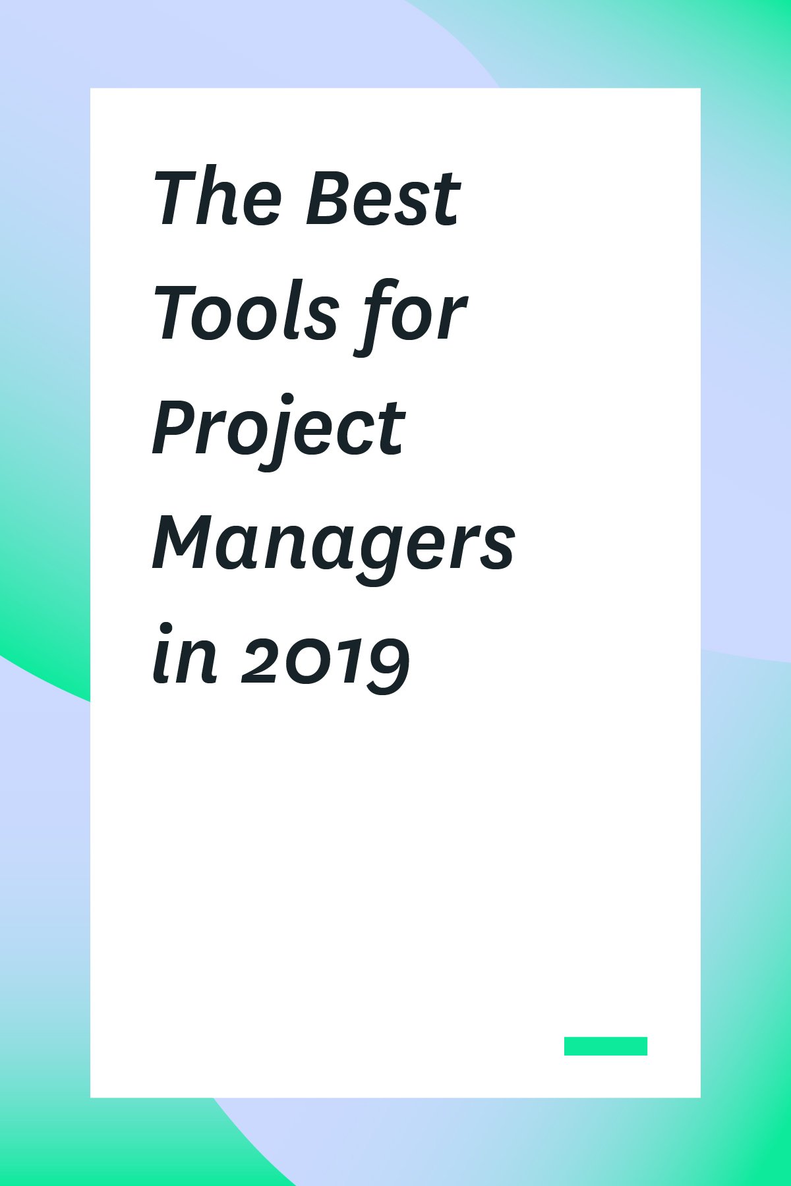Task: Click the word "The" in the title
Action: coord(218,197)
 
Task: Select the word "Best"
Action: coord(382,197)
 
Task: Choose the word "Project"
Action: coord(278,432)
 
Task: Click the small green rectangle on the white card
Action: coord(605,1046)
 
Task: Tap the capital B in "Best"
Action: coord(330,197)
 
